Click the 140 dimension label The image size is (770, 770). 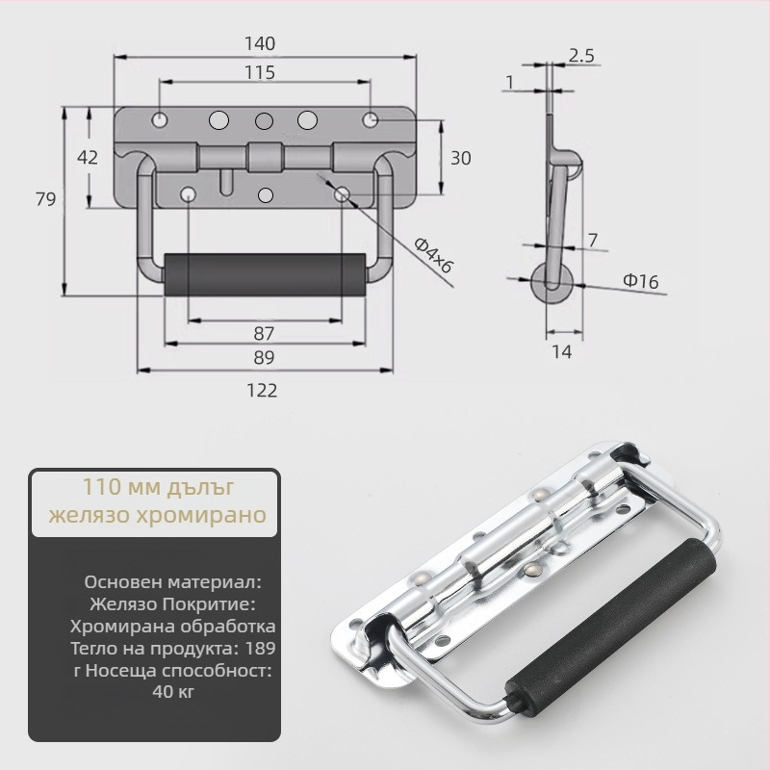coord(260,44)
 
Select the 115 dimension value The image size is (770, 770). coord(260,73)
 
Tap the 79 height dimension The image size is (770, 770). coord(45,199)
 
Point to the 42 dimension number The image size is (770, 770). coord(88,158)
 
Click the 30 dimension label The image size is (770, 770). coord(461,158)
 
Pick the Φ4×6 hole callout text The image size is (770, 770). coord(432,255)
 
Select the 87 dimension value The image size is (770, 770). coord(264,334)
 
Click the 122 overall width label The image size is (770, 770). coord(262,391)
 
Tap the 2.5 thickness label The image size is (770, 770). coord(581,56)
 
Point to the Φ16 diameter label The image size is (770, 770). coord(641,281)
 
